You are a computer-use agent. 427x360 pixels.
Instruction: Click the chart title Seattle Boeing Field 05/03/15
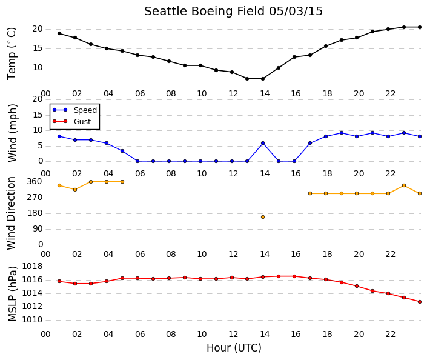pyautogui.click(x=233, y=12)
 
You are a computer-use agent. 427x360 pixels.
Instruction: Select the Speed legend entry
pyautogui.click(x=74, y=110)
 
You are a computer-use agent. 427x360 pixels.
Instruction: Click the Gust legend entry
pyautogui.click(x=71, y=122)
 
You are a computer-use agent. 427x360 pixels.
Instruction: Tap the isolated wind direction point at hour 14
pyautogui.click(x=263, y=217)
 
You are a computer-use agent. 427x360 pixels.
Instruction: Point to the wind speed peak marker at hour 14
pyautogui.click(x=263, y=143)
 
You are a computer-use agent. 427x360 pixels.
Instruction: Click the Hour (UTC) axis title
pyautogui.click(x=234, y=348)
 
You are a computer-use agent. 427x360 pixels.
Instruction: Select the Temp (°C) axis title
pyautogui.click(x=12, y=53)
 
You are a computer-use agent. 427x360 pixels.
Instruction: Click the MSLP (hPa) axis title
pyautogui.click(x=13, y=294)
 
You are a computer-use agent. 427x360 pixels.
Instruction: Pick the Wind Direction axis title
pyautogui.click(x=11, y=213)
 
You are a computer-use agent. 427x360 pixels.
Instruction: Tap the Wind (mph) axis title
pyautogui.click(x=13, y=133)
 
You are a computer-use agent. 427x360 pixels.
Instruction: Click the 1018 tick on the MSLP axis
pyautogui.click(x=33, y=266)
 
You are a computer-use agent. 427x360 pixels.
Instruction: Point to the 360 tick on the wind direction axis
pyautogui.click(x=35, y=181)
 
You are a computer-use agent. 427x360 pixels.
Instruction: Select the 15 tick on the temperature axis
pyautogui.click(x=38, y=48)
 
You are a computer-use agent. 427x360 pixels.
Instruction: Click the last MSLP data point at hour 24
pyautogui.click(x=420, y=302)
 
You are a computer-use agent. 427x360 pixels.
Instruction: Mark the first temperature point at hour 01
pyautogui.click(x=59, y=33)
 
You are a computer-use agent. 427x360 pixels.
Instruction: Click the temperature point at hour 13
pyautogui.click(x=247, y=79)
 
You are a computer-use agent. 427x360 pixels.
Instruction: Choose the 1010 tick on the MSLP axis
pyautogui.click(x=33, y=319)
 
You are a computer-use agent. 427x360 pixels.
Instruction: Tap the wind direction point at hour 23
pyautogui.click(x=404, y=185)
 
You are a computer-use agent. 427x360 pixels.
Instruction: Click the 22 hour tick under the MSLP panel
pyautogui.click(x=390, y=334)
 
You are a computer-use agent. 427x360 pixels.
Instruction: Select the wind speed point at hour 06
pyautogui.click(x=137, y=161)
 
